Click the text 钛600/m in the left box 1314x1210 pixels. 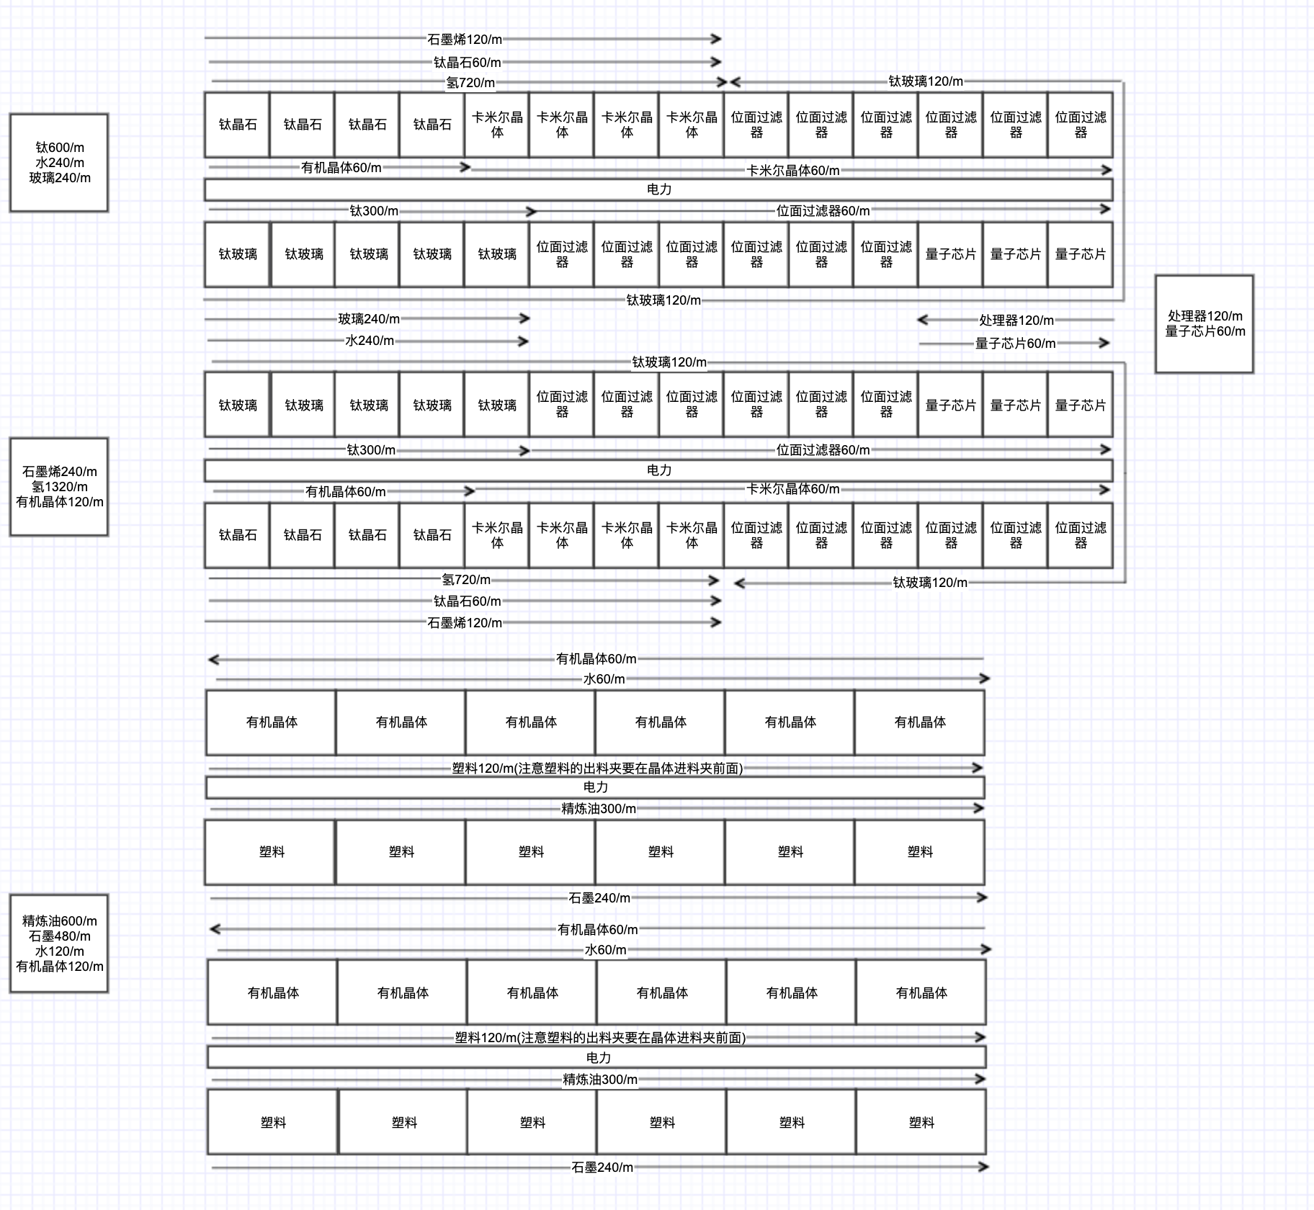[x=60, y=148]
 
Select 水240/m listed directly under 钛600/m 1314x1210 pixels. [x=60, y=163]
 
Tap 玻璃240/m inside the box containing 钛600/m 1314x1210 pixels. [x=60, y=178]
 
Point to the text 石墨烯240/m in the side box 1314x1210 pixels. [x=60, y=472]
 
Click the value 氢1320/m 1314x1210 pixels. [x=60, y=487]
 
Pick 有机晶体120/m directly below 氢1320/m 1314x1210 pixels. [x=60, y=502]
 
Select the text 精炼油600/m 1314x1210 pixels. [x=60, y=921]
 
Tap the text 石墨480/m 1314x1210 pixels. [x=60, y=936]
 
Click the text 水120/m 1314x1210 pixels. [x=60, y=951]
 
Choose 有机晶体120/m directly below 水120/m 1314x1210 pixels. [x=60, y=967]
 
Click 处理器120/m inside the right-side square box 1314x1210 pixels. [x=1205, y=316]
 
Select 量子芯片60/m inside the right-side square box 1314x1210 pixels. [x=1205, y=331]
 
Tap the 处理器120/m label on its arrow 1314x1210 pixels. [x=1016, y=320]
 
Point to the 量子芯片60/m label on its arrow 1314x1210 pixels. [x=1015, y=344]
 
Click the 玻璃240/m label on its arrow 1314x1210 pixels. [x=369, y=319]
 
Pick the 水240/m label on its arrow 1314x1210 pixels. [x=370, y=341]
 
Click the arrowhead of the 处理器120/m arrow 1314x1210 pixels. [x=921, y=319]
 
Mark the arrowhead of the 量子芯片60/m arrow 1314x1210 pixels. [x=1105, y=343]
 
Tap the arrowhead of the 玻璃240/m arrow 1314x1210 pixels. [x=526, y=318]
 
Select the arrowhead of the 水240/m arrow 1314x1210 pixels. [x=525, y=341]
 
